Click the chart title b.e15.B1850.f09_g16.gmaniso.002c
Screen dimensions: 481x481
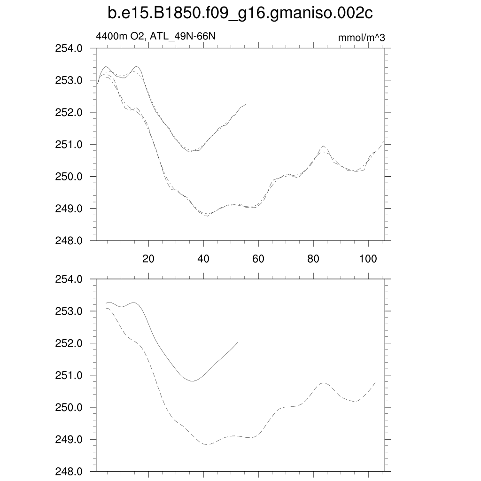pos(240,14)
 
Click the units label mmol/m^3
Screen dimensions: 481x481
pos(361,38)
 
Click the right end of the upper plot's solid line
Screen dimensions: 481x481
pos(246,104)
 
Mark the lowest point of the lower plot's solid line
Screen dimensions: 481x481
pos(192,381)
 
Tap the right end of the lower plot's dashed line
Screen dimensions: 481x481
pos(375,382)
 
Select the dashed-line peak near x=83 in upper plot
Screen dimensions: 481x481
pos(323,146)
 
